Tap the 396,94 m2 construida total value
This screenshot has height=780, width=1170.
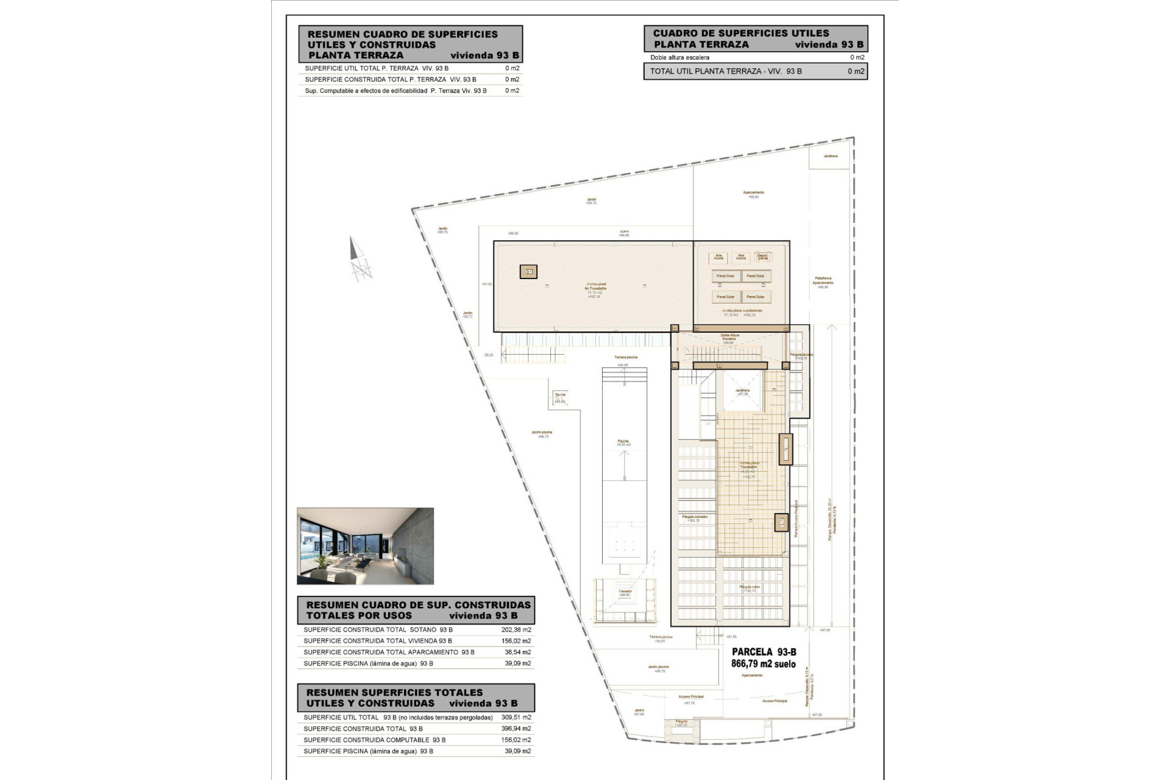517,728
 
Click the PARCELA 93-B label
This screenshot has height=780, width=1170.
764,652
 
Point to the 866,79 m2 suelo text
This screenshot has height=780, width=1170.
763,664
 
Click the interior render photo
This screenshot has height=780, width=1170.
365,546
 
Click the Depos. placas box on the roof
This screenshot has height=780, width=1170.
762,257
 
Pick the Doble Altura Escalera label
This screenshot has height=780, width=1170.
729,337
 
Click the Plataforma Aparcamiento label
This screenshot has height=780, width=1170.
823,281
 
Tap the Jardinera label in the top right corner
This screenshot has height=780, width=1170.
830,157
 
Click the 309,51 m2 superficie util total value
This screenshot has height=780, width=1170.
517,717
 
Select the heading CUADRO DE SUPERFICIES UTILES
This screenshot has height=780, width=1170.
740,34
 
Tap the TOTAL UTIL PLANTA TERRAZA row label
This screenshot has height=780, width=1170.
725,71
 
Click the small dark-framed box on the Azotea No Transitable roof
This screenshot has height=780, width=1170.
528,272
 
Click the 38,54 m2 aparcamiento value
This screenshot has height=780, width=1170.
517,652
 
